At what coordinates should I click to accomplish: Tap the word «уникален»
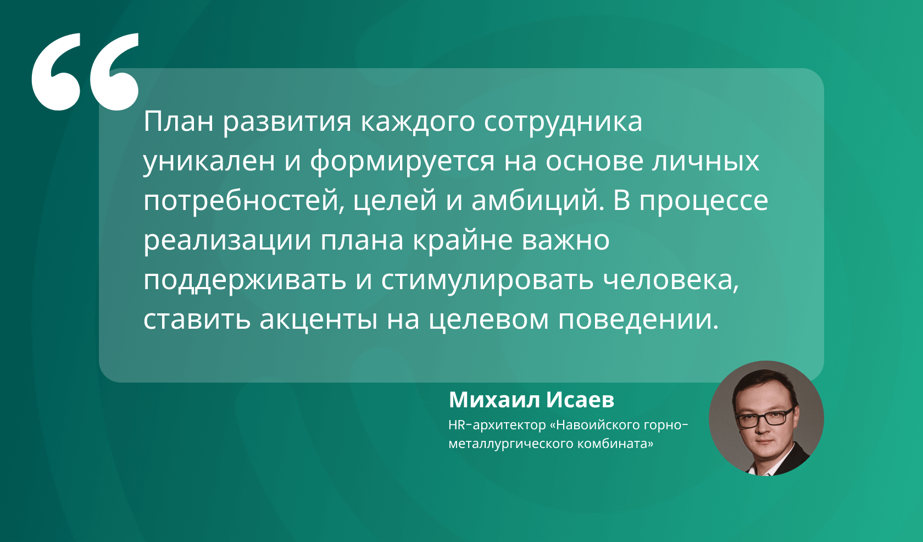(x=209, y=161)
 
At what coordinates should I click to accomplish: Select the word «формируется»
(x=402, y=161)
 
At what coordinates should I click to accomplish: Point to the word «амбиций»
(x=537, y=200)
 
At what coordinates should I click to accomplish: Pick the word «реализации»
(x=227, y=241)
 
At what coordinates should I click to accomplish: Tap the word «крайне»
(x=463, y=240)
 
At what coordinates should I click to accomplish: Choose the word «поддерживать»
(x=245, y=280)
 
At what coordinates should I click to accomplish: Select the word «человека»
(x=671, y=280)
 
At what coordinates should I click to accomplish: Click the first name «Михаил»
(x=494, y=400)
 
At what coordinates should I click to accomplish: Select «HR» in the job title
(x=456, y=424)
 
